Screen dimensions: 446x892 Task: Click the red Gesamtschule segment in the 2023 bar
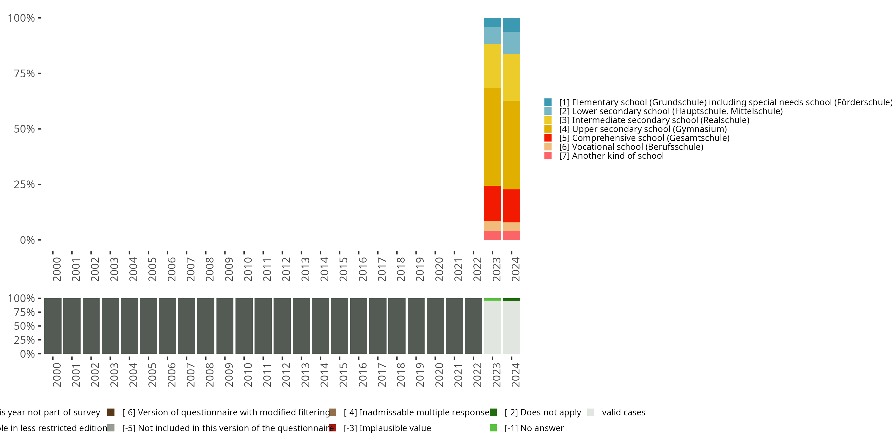(492, 203)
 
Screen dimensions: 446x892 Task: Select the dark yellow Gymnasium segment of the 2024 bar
(511, 145)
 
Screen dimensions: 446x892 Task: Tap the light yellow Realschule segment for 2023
(492, 66)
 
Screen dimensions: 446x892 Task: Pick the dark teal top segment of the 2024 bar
(511, 25)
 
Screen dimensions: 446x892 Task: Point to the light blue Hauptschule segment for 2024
(511, 43)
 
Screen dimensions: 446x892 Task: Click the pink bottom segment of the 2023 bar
(492, 235)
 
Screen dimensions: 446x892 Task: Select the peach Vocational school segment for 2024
(511, 227)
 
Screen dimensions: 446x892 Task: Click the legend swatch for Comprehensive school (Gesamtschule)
(548, 138)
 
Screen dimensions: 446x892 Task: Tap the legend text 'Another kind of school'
(618, 156)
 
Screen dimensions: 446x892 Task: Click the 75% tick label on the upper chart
(24, 73)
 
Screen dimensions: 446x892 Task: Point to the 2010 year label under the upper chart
(248, 269)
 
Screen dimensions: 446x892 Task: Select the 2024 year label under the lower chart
(516, 375)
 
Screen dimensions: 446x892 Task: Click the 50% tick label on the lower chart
(24, 326)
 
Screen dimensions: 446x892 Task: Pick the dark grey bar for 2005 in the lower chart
(148, 326)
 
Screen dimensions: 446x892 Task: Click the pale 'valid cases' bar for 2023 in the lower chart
(492, 327)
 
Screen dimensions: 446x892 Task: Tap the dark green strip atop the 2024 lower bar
(511, 299)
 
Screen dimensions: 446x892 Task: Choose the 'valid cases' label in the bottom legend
(623, 412)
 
